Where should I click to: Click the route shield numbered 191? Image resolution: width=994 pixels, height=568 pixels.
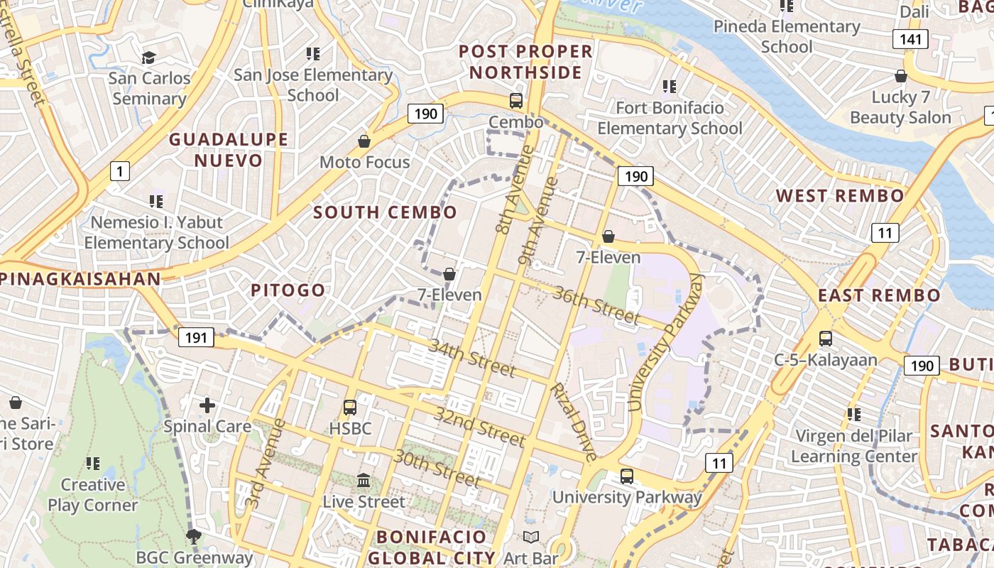click(x=195, y=337)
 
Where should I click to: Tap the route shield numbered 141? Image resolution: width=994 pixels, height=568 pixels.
click(x=910, y=39)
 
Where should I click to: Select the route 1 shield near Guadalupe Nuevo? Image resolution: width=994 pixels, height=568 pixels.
click(x=120, y=170)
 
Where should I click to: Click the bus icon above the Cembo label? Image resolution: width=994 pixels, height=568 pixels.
click(x=516, y=101)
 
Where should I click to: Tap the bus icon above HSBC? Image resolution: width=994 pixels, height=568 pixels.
click(x=349, y=408)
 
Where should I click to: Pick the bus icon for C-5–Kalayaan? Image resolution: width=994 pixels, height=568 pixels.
click(x=826, y=339)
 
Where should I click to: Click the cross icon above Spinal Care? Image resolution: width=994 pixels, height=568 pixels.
click(x=207, y=405)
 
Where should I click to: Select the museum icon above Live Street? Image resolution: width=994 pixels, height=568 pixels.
click(x=364, y=481)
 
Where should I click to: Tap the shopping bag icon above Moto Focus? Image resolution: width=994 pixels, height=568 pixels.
click(x=364, y=141)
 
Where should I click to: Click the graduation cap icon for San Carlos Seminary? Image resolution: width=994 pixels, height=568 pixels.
click(x=149, y=58)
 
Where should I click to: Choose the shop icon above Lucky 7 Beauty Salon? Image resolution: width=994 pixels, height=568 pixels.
click(x=901, y=76)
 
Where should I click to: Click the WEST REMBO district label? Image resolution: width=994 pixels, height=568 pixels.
click(x=840, y=196)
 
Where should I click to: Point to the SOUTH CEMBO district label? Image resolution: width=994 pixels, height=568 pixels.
click(x=385, y=212)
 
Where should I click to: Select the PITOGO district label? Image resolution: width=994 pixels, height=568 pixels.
click(x=288, y=290)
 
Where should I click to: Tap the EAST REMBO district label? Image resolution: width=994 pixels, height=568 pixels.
click(x=879, y=295)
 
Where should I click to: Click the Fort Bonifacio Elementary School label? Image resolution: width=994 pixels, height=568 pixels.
click(x=670, y=118)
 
